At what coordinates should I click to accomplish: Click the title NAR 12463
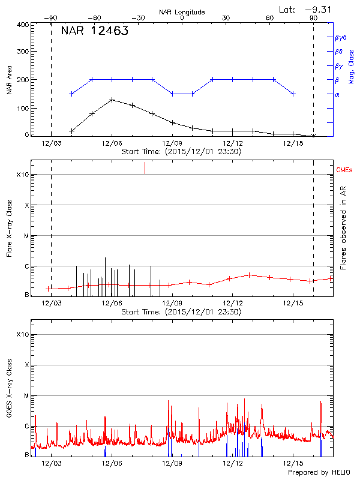[x=95, y=32]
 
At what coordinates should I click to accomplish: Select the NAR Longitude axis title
[x=182, y=12]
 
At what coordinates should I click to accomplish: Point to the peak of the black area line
[x=112, y=100]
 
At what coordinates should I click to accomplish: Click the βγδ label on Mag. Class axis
[x=340, y=37]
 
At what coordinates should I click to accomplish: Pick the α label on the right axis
[x=337, y=94]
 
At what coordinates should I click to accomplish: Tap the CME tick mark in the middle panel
[x=145, y=168]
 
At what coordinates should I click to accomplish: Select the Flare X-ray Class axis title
[x=9, y=228]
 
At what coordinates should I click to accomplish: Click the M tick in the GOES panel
[x=26, y=395]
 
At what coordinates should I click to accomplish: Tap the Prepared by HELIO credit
[x=319, y=472]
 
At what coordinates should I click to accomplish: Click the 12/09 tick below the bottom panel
[x=172, y=463]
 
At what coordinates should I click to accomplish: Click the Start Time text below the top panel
[x=181, y=152]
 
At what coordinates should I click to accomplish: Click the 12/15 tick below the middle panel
[x=292, y=304]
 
